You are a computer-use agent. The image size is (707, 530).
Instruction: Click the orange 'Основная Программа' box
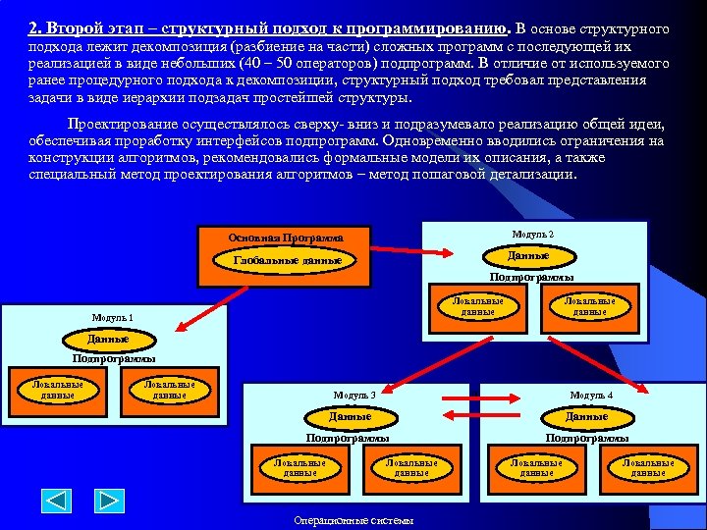pyautogui.click(x=285, y=238)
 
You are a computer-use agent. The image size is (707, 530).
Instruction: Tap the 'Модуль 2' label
pyautogui.click(x=533, y=235)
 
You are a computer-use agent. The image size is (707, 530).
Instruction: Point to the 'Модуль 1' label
pyautogui.click(x=112, y=317)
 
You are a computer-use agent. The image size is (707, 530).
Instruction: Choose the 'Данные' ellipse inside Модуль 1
pyautogui.click(x=107, y=340)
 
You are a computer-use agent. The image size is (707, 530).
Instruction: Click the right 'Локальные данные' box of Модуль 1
pyautogui.click(x=169, y=390)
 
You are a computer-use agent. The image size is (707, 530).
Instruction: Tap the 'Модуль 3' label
pyautogui.click(x=353, y=395)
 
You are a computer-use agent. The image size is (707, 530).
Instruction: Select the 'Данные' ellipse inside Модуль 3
pyautogui.click(x=350, y=417)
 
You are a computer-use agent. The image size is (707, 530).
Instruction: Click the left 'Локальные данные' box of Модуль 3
pyautogui.click(x=299, y=467)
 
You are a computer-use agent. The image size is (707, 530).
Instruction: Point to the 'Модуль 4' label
pyautogui.click(x=591, y=395)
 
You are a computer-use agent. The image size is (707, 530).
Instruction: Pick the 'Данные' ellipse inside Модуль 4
pyautogui.click(x=586, y=417)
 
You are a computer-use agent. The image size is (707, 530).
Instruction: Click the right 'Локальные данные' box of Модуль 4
pyautogui.click(x=648, y=467)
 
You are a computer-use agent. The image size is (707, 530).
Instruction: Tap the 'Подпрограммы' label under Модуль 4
pyautogui.click(x=587, y=438)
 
